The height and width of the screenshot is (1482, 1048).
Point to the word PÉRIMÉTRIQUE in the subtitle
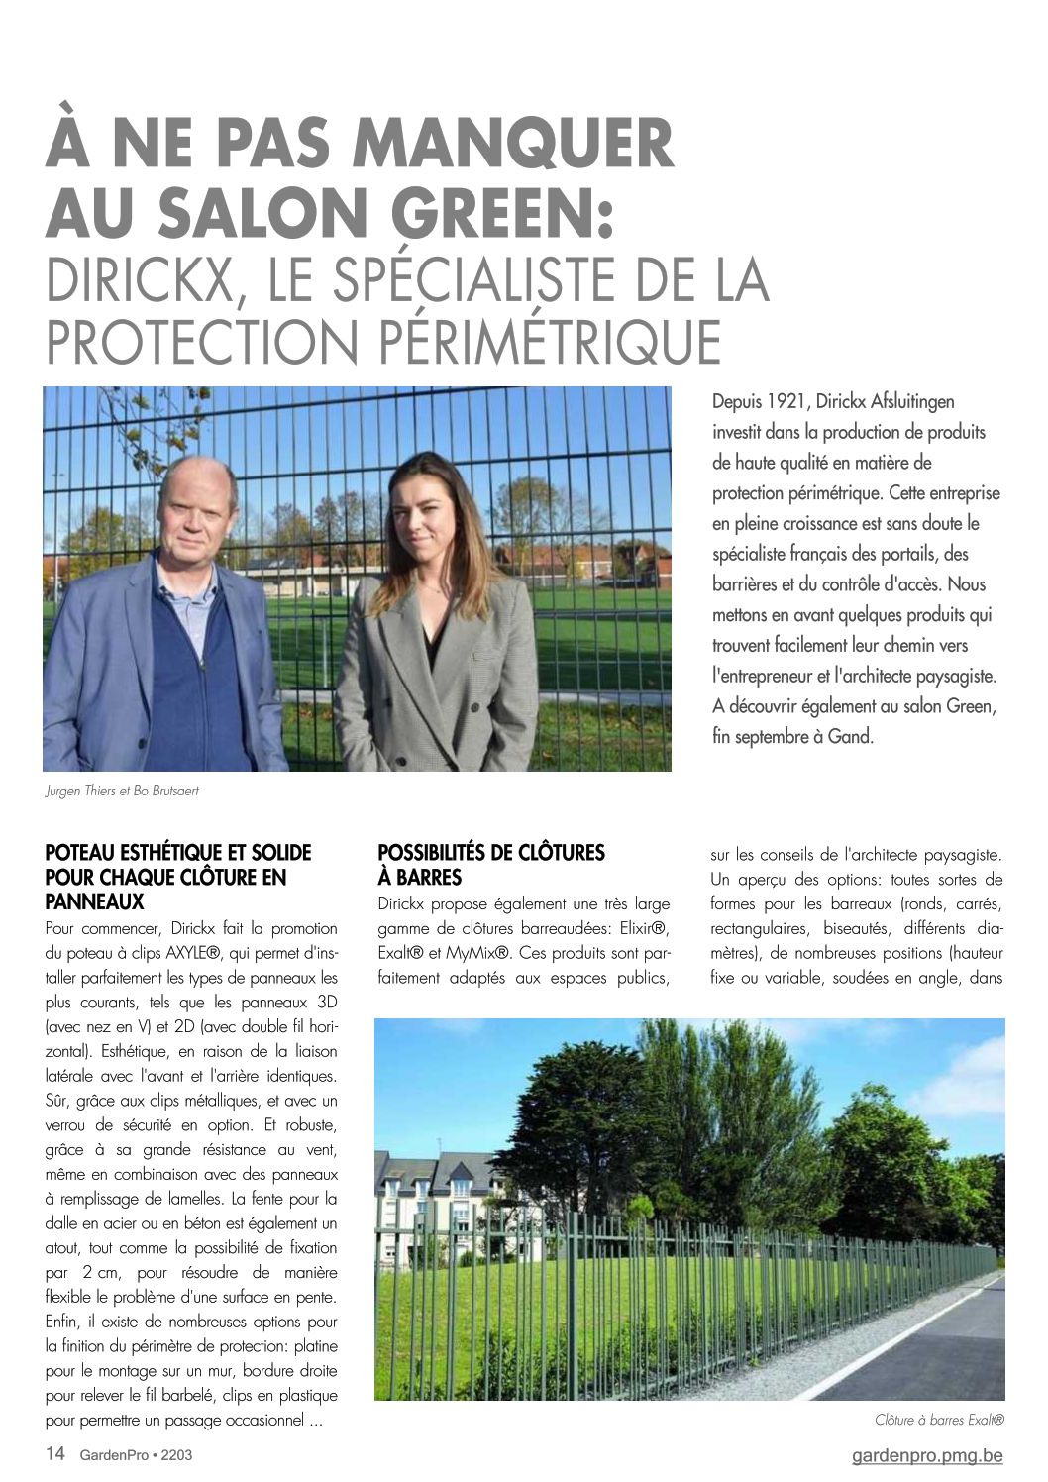pyautogui.click(x=552, y=342)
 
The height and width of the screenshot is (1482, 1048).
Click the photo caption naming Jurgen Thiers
pyautogui.click(x=129, y=792)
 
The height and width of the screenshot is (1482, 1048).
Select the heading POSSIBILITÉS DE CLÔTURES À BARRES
pyautogui.click(x=491, y=865)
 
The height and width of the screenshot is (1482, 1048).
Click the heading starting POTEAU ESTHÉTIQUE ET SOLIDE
pyautogui.click(x=178, y=877)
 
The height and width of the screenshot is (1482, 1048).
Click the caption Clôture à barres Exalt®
pyautogui.click(x=939, y=1420)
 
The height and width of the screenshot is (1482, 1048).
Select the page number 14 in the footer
pyautogui.click(x=55, y=1454)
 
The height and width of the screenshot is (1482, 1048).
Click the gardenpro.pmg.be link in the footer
pyautogui.click(x=927, y=1455)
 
